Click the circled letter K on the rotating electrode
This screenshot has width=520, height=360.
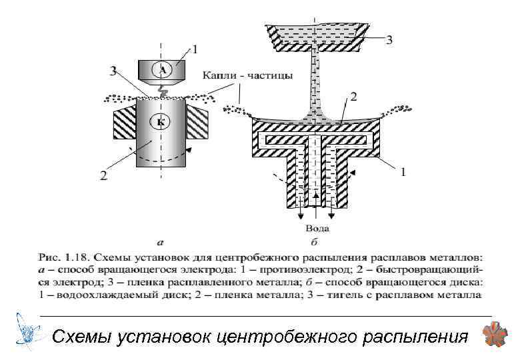tap(161, 121)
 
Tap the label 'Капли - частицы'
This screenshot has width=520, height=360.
tap(248, 76)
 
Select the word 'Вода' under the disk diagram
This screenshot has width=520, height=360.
tap(313, 229)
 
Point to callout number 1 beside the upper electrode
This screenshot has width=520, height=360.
tap(195, 47)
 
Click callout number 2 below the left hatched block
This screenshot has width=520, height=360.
tap(104, 176)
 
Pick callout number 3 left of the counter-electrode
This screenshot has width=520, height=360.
tap(114, 69)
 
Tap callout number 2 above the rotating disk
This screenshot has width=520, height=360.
tap(353, 97)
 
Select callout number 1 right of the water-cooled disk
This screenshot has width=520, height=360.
tap(402, 172)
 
